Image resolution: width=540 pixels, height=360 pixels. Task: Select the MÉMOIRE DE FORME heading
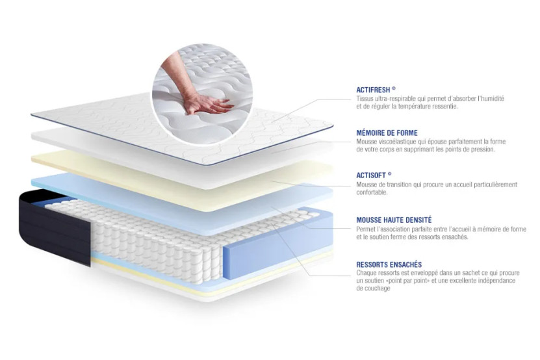(x=387, y=133)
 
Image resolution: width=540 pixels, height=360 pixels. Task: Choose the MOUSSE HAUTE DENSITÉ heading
(x=394, y=220)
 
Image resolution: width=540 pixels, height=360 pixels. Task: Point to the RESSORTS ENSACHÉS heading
(x=389, y=264)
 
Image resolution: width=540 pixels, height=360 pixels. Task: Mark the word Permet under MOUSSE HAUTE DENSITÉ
(x=366, y=229)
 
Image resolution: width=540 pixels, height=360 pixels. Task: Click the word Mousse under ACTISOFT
(x=366, y=185)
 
